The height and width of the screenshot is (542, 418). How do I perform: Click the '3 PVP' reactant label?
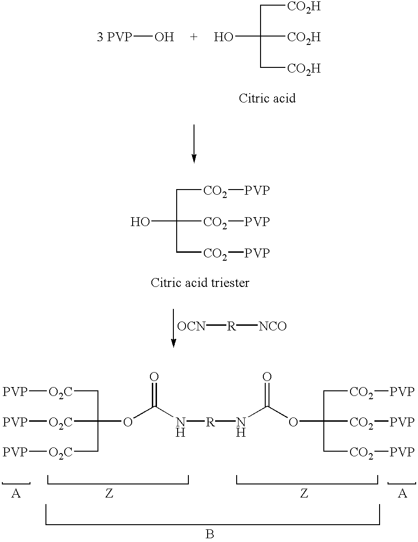point(114,37)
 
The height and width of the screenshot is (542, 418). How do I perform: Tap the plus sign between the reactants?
point(194,37)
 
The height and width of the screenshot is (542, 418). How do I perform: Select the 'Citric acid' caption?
point(267,98)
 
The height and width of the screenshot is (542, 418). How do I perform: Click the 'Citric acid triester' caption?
point(200,283)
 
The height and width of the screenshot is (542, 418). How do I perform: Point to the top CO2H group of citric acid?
point(304,7)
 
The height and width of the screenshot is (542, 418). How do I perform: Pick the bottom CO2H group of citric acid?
point(304,69)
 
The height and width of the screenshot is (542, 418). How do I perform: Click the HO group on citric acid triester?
point(140,222)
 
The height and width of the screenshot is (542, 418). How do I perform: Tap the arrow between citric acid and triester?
point(194,143)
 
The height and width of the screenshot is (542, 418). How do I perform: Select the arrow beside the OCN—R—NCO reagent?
point(173,328)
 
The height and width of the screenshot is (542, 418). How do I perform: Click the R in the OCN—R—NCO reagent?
point(231,326)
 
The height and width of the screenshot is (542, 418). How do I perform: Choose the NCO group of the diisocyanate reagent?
point(272,326)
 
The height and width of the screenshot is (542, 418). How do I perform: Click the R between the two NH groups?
point(210,422)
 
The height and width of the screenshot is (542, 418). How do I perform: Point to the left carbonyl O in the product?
point(154,377)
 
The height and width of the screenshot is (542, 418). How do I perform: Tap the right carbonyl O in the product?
point(267,377)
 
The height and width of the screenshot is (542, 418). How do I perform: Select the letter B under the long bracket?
point(210,534)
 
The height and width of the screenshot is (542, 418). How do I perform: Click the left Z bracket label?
point(109,493)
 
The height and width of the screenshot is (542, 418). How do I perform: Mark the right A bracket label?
point(402,493)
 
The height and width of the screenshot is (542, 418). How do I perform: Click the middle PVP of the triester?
point(257,222)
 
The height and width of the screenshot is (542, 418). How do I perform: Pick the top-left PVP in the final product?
point(15,391)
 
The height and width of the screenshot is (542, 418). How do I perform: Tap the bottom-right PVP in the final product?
point(402,452)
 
